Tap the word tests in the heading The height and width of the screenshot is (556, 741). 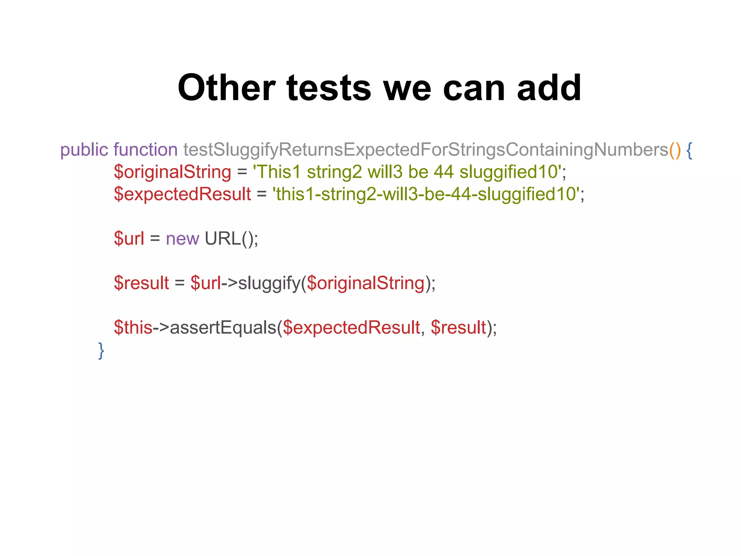point(329,88)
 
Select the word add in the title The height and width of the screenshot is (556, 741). point(549,88)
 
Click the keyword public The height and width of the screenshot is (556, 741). point(84,150)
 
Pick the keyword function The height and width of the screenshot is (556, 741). point(145,150)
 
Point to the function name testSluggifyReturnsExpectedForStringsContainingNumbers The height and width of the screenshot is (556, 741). point(425,150)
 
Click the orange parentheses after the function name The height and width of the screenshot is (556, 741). point(675,150)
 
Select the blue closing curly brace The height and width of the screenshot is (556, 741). point(101,350)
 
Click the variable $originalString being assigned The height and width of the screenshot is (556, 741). point(172,172)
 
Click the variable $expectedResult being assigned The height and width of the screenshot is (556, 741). point(182,194)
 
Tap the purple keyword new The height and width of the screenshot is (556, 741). point(182,239)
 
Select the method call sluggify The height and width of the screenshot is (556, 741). point(269,283)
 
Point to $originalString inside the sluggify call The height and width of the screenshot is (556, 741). point(365,283)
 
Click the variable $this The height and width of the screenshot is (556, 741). point(133,328)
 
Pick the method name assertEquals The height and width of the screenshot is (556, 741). point(223,328)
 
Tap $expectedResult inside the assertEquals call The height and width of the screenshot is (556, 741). point(351,328)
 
